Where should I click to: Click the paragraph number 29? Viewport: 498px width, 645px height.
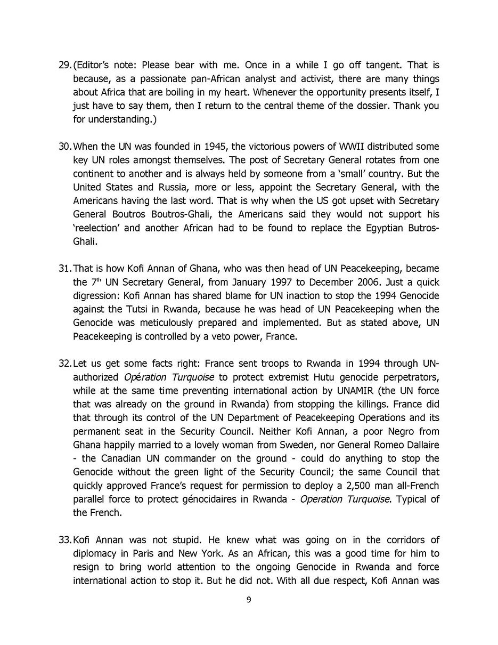tap(64, 65)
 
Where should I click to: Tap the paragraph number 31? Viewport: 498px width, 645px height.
tap(64, 268)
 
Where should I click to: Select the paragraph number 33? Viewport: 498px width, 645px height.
tap(64, 540)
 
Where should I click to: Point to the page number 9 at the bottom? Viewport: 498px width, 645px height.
tap(249, 600)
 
